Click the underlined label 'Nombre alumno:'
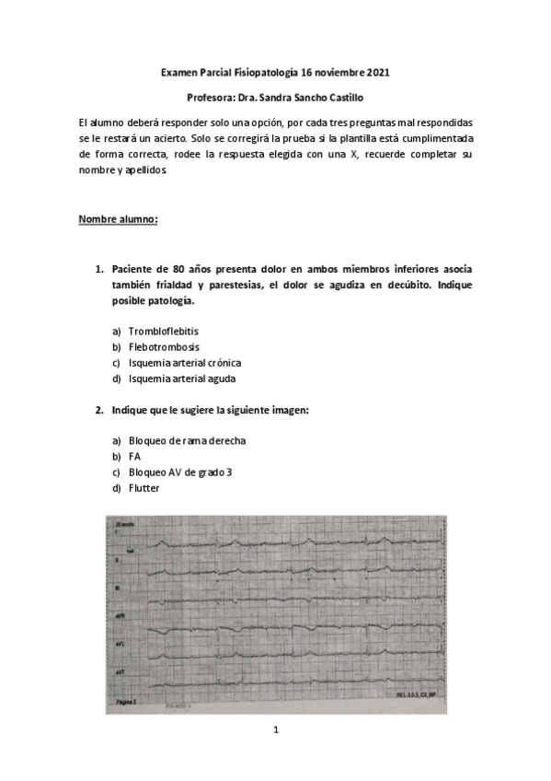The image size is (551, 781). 118,219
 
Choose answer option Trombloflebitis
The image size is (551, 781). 164,331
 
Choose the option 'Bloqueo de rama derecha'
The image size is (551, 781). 187,440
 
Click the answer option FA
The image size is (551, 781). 135,456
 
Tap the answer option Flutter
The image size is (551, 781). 143,487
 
